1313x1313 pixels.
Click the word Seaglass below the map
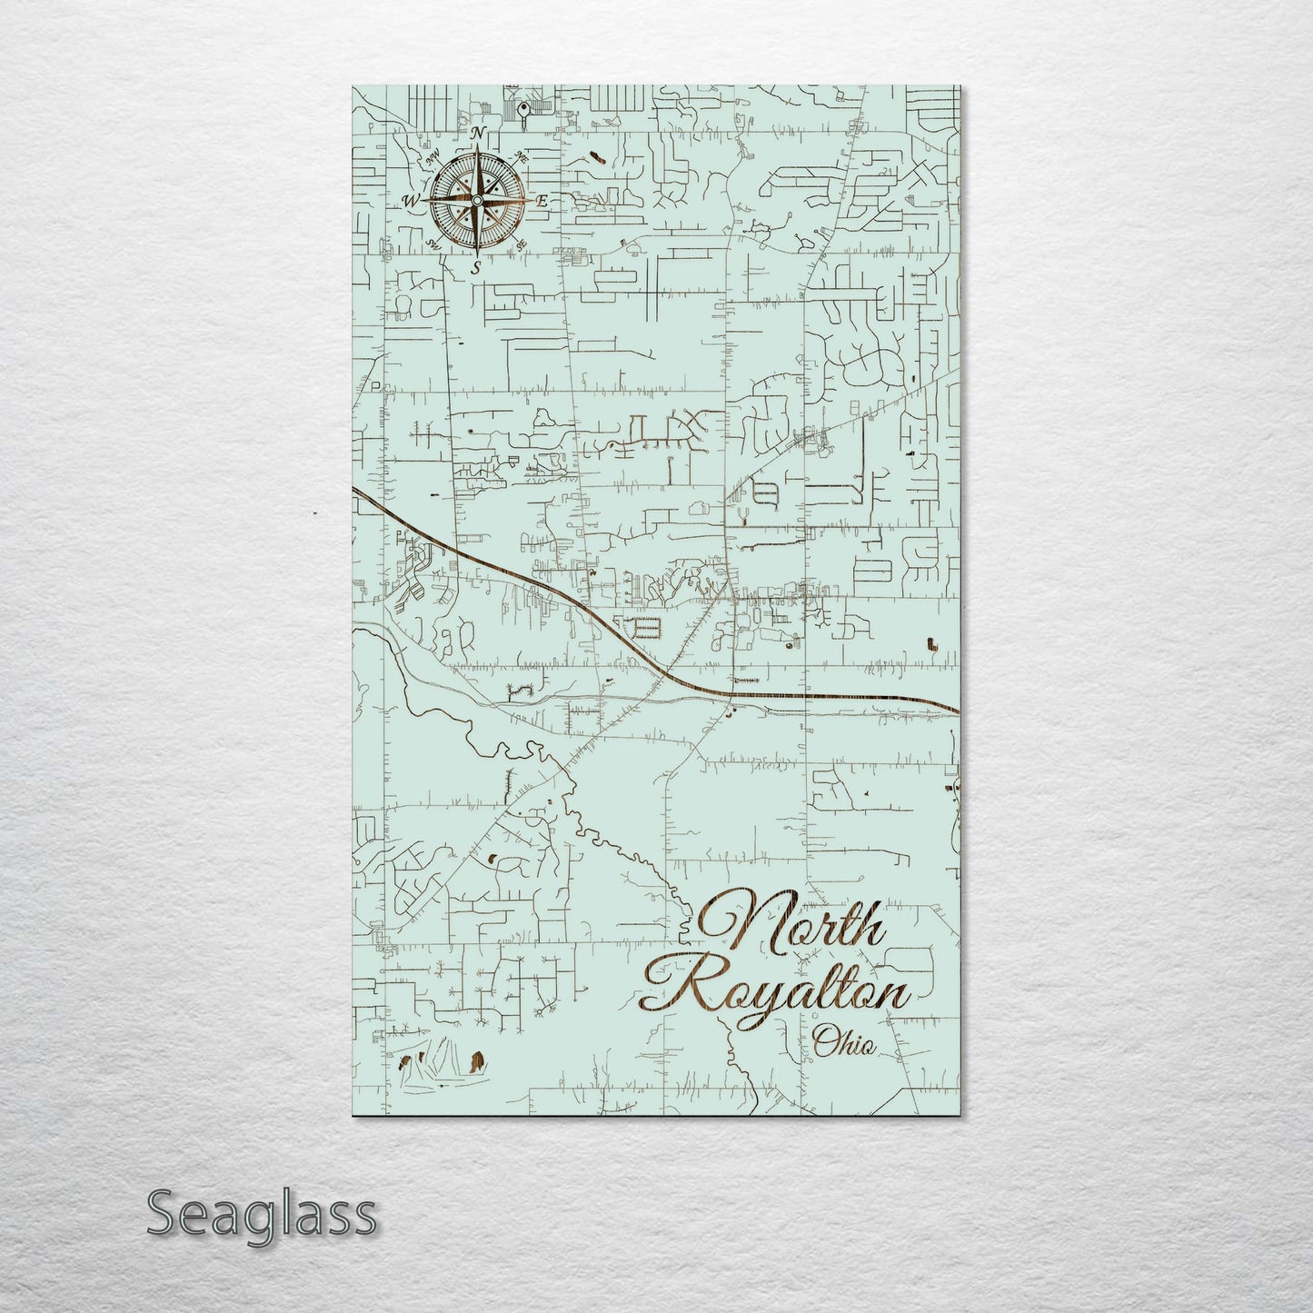click(x=261, y=1213)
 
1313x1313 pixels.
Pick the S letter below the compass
click(x=475, y=267)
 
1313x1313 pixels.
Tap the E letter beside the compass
click(x=542, y=201)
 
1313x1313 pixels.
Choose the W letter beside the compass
click(x=412, y=201)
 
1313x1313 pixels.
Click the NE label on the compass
click(x=522, y=156)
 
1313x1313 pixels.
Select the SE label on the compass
click(x=522, y=244)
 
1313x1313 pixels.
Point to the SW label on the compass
click(x=433, y=244)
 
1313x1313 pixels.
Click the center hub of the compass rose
click(x=477, y=200)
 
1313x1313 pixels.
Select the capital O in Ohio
click(x=825, y=1042)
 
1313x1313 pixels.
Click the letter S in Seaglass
click(x=163, y=1213)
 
